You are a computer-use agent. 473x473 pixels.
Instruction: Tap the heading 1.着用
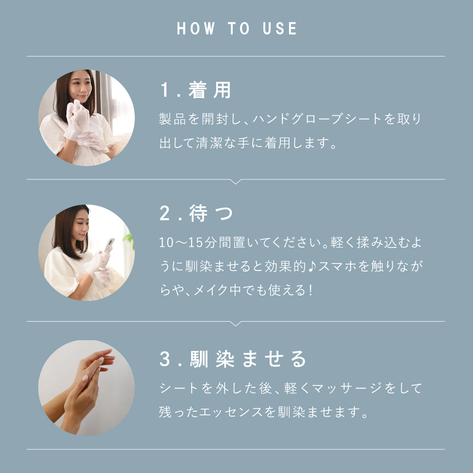[x=195, y=90]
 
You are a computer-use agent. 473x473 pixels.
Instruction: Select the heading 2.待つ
[x=196, y=214]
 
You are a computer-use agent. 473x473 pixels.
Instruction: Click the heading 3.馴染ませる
[x=233, y=359]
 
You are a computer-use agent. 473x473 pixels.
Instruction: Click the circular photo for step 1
[x=87, y=118]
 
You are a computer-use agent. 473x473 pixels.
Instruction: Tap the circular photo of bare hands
[x=87, y=388]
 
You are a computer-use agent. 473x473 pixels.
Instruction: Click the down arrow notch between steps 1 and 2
[x=236, y=182]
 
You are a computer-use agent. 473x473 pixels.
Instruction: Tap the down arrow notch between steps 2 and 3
[x=236, y=324]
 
